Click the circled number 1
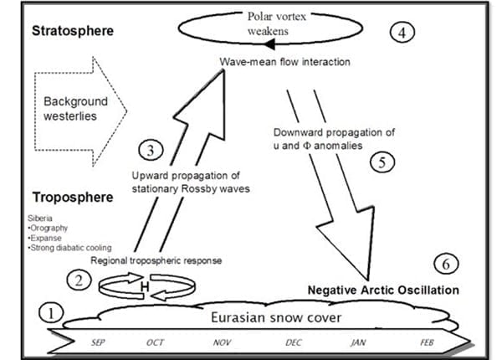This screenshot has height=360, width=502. coord(51,314)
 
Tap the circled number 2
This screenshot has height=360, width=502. coord(79,280)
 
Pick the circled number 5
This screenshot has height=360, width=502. coord(382,162)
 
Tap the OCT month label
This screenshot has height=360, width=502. coord(156,343)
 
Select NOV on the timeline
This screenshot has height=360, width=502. coord(223,343)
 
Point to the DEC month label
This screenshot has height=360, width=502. coord(294,343)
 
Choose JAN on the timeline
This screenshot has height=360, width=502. coord(360,343)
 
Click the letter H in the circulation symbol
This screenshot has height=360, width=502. coord(143,288)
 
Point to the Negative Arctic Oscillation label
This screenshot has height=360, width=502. coord(383,290)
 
